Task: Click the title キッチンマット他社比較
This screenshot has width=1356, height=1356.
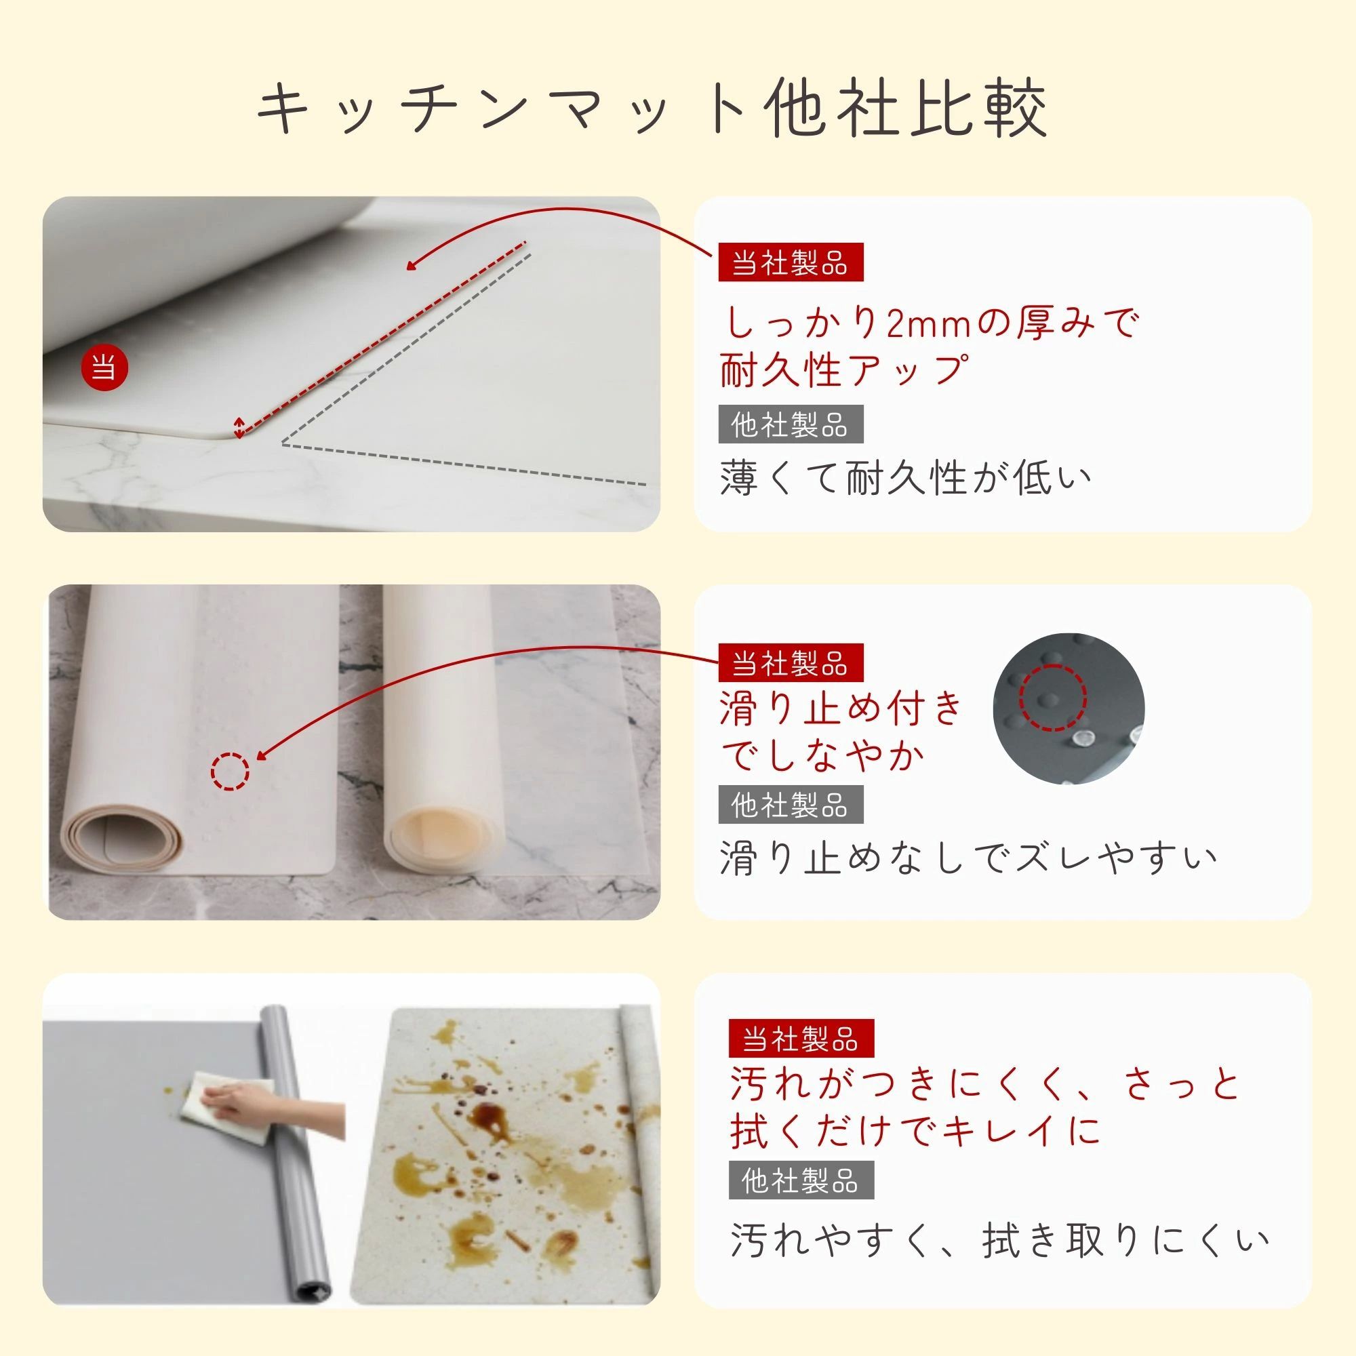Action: click(652, 108)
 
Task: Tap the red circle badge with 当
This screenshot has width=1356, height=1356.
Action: click(104, 367)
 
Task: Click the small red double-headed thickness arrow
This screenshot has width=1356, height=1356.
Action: click(239, 427)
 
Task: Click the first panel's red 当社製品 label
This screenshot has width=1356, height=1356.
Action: click(791, 262)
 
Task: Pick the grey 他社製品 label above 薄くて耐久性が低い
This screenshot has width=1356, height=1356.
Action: click(791, 424)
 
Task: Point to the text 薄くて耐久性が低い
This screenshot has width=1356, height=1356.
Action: click(905, 479)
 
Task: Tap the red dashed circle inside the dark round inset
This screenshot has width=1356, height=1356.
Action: click(1053, 698)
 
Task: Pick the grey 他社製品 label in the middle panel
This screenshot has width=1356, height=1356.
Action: click(791, 804)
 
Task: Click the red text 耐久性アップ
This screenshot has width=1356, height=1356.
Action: click(845, 371)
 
